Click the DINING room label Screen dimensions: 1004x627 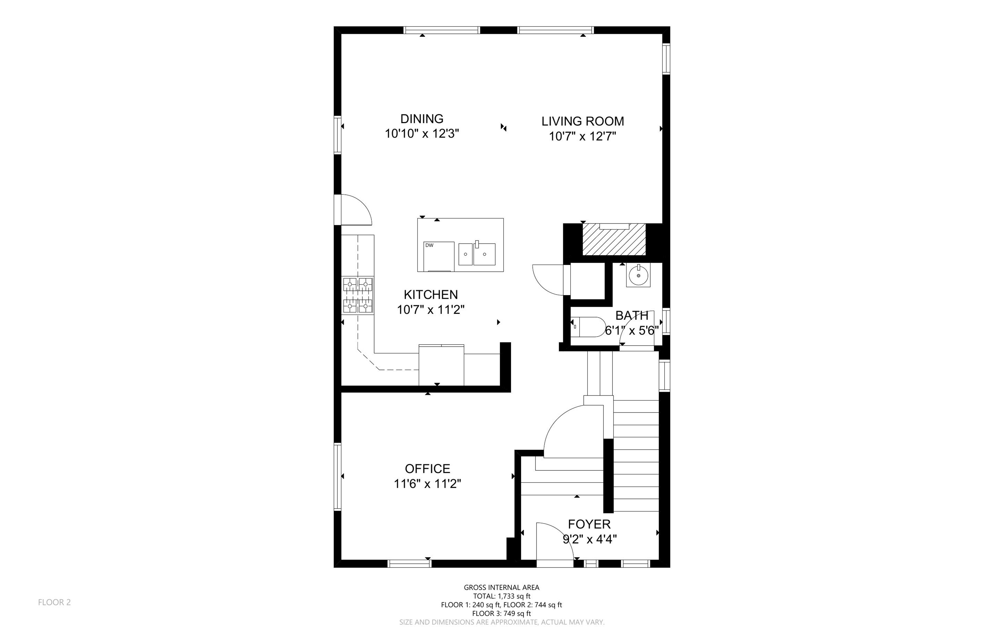pos(422,119)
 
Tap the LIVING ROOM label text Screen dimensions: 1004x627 pos(583,121)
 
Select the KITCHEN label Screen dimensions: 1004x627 pos(431,295)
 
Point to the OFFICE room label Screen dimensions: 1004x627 pos(428,469)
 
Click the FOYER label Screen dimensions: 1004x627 pos(589,524)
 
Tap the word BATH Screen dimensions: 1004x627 pos(632,316)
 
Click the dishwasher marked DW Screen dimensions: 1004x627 pos(439,256)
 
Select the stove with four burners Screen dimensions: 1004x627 pos(358,295)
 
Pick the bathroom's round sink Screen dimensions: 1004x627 pos(638,275)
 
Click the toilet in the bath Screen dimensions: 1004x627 pos(588,327)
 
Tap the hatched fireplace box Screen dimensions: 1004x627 pos(614,239)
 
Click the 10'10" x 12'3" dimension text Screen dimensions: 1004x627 pos(422,134)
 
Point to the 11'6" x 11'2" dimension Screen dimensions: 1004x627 pos(428,484)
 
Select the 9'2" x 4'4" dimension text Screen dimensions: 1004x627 pos(589,539)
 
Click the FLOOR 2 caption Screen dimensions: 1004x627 pos(54,602)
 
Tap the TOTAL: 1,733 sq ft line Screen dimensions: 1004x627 pos(502,596)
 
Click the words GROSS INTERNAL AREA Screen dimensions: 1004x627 pos(502,587)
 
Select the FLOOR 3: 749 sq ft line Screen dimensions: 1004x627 pos(502,614)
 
